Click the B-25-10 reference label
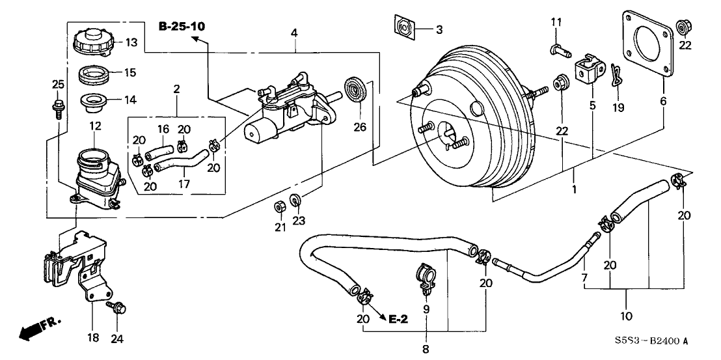tap(182, 26)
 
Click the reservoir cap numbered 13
tap(94, 42)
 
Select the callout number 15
tap(131, 72)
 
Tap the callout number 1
tap(575, 191)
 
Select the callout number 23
tap(298, 221)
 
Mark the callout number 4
tap(295, 32)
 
